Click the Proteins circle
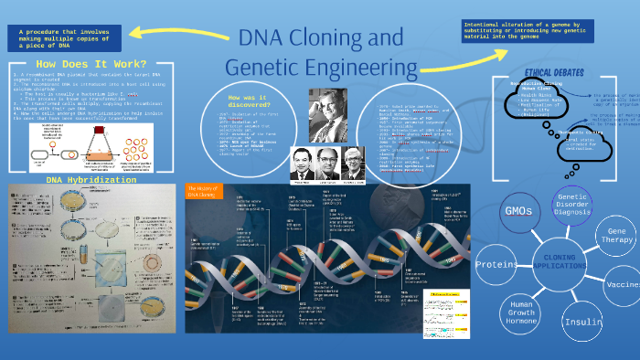(497, 265)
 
